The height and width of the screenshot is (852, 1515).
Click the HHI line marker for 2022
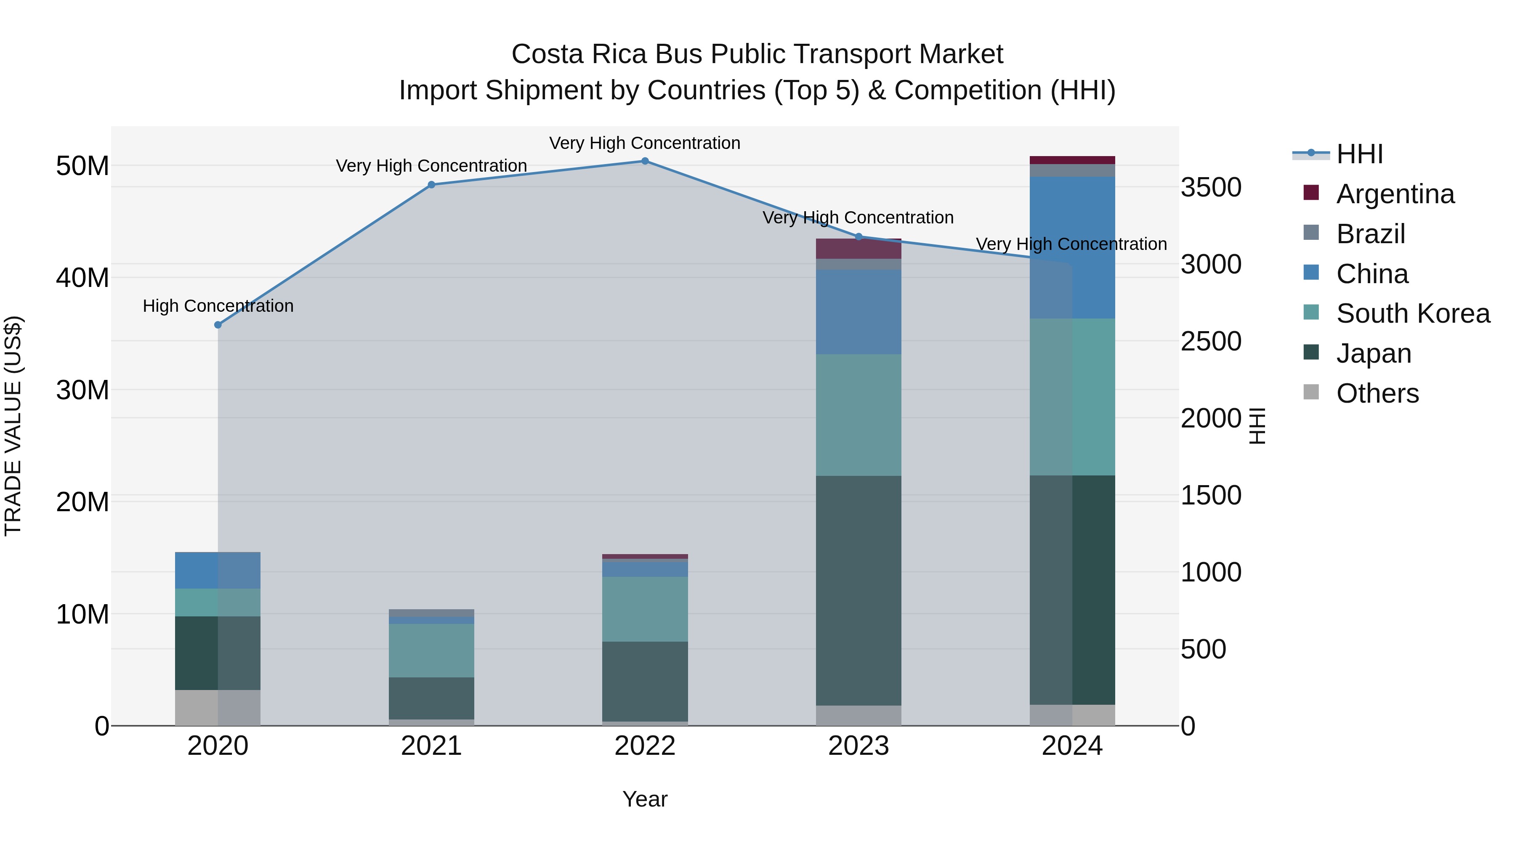(645, 161)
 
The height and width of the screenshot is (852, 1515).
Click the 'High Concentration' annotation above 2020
(218, 306)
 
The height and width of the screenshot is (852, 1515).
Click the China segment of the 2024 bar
(1072, 247)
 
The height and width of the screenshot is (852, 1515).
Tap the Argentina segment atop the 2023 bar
(858, 249)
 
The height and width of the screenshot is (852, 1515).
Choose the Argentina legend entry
(1395, 194)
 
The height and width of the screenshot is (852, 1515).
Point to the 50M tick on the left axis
(82, 166)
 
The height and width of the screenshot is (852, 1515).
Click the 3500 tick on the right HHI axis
(1211, 188)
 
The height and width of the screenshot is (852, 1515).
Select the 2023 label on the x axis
(858, 746)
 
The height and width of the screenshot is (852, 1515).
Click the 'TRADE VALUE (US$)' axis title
(13, 426)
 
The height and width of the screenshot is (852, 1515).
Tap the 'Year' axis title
(645, 799)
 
